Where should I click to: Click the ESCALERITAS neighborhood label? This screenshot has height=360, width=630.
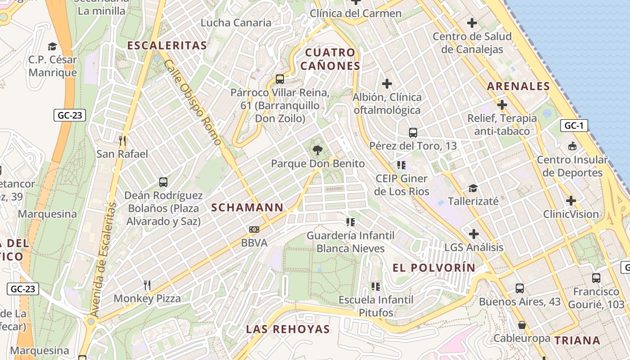click(x=167, y=45)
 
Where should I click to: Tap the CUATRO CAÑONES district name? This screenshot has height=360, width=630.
click(x=330, y=59)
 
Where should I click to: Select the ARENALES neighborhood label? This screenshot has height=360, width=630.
click(x=518, y=86)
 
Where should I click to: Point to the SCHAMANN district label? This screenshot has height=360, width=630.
click(x=247, y=207)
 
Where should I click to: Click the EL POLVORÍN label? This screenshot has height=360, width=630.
click(x=434, y=268)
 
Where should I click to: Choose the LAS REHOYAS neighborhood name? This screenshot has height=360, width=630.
click(x=288, y=329)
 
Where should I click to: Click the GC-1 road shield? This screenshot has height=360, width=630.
click(x=574, y=126)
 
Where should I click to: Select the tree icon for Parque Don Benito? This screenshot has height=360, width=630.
click(x=318, y=150)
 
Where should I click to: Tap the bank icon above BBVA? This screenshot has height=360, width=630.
click(x=254, y=229)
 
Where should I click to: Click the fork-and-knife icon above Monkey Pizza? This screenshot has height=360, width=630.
click(x=147, y=285)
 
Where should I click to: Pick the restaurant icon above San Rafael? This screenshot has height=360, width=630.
click(x=122, y=140)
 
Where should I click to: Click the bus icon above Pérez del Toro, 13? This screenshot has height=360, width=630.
click(x=413, y=132)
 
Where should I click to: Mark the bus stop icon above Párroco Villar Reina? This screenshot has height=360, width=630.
click(x=280, y=79)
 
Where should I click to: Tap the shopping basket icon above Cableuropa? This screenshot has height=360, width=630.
click(x=522, y=324)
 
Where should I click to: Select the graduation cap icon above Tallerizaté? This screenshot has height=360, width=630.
click(x=473, y=188)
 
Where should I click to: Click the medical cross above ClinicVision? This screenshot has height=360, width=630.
click(x=571, y=200)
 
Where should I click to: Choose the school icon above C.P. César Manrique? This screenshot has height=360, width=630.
click(x=53, y=46)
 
